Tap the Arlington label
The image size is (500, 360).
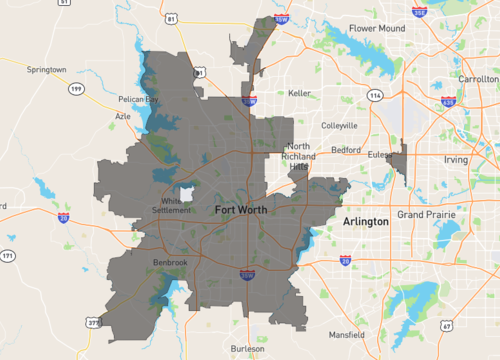(x=365, y=221)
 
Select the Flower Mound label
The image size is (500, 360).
(x=376, y=29)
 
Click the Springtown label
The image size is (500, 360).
(x=46, y=70)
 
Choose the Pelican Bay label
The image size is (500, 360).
(x=138, y=99)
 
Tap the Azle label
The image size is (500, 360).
(x=122, y=116)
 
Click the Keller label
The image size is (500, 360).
(x=299, y=93)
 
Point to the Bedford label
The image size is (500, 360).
(x=346, y=149)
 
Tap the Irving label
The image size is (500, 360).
(x=456, y=159)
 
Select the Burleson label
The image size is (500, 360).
(x=247, y=349)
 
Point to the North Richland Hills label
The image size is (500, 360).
(x=298, y=157)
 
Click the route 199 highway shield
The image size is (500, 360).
(x=76, y=90)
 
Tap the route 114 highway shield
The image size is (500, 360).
(x=374, y=95)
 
